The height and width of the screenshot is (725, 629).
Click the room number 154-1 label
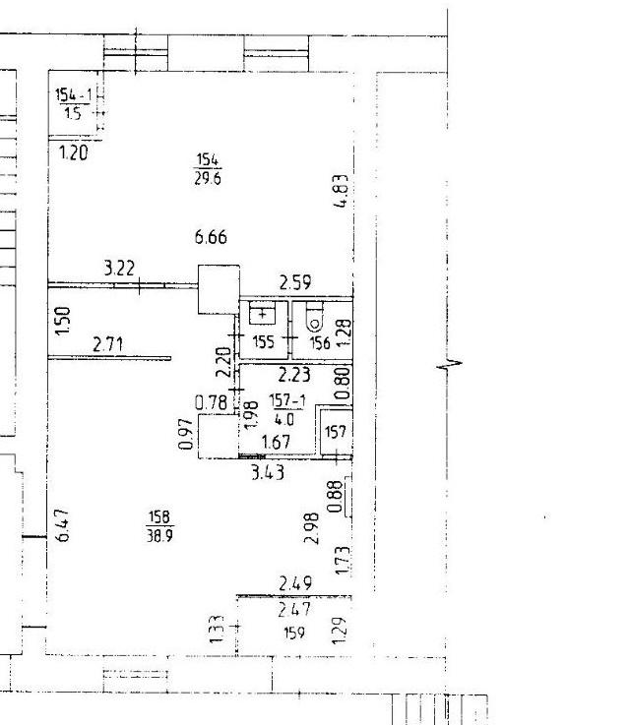74,94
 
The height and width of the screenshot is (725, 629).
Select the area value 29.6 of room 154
208,178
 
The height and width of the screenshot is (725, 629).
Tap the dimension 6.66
211,237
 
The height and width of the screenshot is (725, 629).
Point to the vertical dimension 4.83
342,191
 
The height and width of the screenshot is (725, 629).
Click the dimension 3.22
119,269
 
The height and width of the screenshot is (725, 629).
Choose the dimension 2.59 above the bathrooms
295,282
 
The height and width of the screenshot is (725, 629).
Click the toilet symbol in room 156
315,317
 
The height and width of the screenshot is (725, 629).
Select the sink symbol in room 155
262,313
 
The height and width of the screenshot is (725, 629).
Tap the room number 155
264,342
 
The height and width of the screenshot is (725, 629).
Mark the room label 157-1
287,400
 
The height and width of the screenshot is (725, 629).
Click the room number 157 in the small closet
336,432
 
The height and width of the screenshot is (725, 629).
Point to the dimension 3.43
268,472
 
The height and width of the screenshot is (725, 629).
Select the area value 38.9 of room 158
160,535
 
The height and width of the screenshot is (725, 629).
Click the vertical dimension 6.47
62,524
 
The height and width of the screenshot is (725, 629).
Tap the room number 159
294,633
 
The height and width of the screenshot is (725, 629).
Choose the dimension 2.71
108,344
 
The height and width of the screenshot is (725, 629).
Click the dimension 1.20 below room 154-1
74,152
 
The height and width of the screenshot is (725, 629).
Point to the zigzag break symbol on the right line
450,365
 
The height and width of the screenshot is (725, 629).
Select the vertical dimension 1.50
62,322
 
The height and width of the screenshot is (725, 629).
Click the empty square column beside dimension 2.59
219,289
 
